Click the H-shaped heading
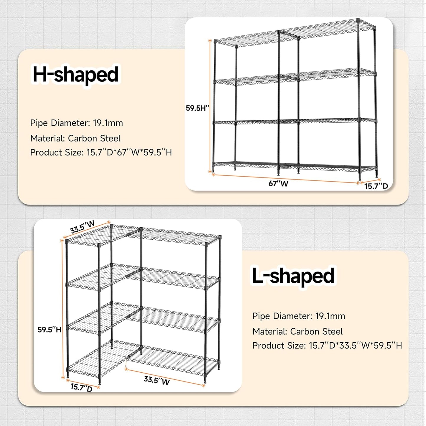pos(75,75)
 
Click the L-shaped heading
pos(293,276)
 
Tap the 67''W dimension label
pos(278,184)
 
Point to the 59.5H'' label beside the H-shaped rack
pos(197,108)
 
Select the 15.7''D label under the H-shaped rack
pos(376,186)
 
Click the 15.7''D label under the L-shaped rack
pos(81,387)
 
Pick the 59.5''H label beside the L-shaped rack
pos(49,330)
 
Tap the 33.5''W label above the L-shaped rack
pos(82,227)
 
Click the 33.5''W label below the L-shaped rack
pos(157,380)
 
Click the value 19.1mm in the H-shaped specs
pos(108,123)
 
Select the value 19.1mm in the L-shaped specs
pos(330,316)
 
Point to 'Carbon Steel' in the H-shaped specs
pos(94,138)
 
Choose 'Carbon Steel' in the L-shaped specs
pos(316,331)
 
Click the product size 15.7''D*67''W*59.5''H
pos(129,152)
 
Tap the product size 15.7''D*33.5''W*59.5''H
pos(355,346)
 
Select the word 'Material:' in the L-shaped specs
pos(270,331)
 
